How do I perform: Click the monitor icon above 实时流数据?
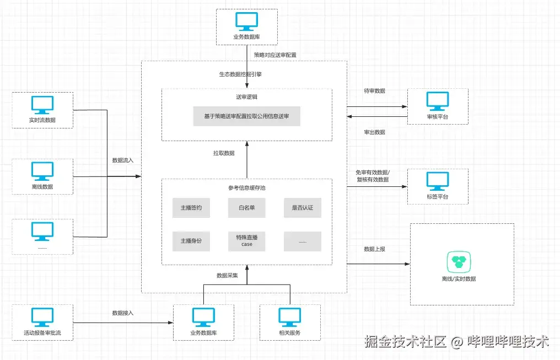tap(42, 105)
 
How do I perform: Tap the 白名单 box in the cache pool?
tap(247, 208)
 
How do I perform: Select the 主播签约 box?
tap(191, 208)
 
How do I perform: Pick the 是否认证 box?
tap(303, 208)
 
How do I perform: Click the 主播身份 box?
tap(191, 241)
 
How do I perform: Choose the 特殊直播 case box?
tap(247, 241)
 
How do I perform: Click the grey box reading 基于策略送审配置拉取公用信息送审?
tap(246, 116)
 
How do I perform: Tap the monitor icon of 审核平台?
tap(438, 101)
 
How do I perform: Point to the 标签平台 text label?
tap(438, 197)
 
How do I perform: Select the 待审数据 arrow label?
tap(375, 91)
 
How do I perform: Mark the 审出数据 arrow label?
tap(375, 132)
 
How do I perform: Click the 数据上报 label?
tap(375, 249)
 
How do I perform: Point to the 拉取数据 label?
tap(224, 153)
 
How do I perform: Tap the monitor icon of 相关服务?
tap(290, 316)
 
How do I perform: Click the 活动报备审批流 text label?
tap(42, 333)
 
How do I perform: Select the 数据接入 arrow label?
tap(123, 313)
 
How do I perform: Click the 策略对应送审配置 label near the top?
tap(275, 55)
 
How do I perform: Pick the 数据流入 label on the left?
tap(123, 160)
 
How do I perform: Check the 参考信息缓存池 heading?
tap(247, 188)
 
